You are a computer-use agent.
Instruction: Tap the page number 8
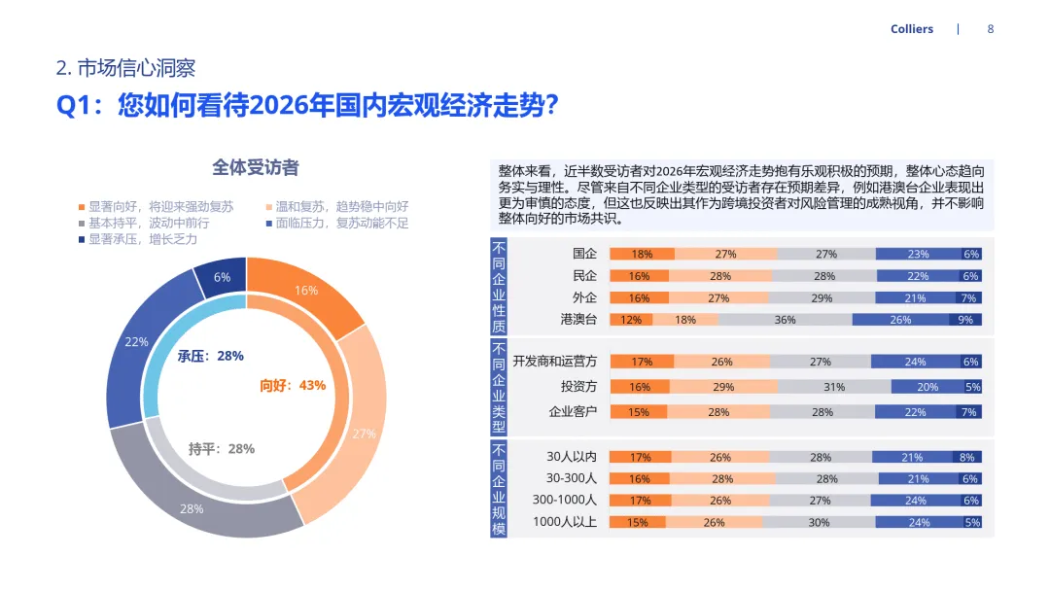tap(991, 29)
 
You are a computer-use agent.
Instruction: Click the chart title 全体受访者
tap(256, 167)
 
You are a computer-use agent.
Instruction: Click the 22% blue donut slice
tap(137, 342)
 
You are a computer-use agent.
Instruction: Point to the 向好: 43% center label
tap(293, 385)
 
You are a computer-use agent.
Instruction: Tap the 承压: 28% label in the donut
tap(211, 356)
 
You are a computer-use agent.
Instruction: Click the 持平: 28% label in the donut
tap(222, 448)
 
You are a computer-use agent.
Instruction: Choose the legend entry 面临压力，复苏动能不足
tap(342, 223)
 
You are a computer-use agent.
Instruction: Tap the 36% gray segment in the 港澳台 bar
tap(785, 320)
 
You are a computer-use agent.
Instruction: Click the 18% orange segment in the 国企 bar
tap(642, 254)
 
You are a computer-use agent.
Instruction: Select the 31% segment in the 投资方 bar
tap(834, 387)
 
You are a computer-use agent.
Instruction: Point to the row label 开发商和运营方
tap(555, 362)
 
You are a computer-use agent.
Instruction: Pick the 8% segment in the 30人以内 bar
tap(966, 457)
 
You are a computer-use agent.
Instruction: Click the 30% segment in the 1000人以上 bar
tap(819, 522)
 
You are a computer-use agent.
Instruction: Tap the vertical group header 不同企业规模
tap(499, 489)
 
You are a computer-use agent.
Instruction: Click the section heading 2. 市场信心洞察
tap(125, 68)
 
